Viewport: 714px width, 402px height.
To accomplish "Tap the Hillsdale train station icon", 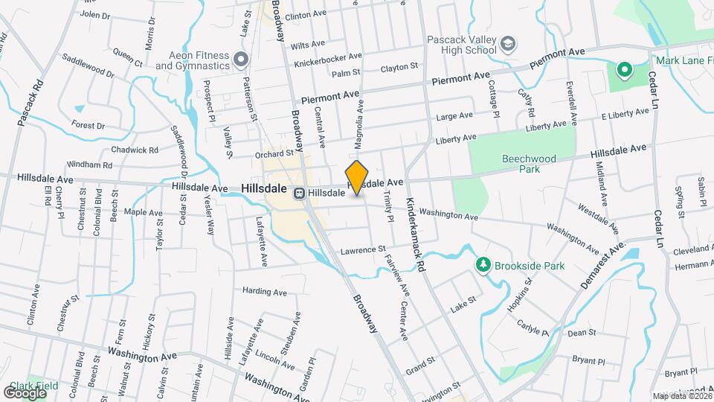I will pyautogui.click(x=299, y=193).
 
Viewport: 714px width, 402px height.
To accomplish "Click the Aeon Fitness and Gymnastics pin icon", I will pyautogui.click(x=239, y=58).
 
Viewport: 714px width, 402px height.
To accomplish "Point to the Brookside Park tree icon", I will pyautogui.click(x=483, y=265).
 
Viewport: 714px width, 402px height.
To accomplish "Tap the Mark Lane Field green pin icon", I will pyautogui.click(x=625, y=71).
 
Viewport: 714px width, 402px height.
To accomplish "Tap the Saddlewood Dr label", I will pyautogui.click(x=89, y=65).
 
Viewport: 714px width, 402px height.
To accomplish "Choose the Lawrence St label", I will pyautogui.click(x=364, y=250).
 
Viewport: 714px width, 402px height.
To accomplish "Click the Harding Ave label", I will pyautogui.click(x=265, y=291).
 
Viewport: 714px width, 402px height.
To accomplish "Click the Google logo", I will pyautogui.click(x=25, y=393).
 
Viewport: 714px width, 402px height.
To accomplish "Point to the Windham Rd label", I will pyautogui.click(x=88, y=165).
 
